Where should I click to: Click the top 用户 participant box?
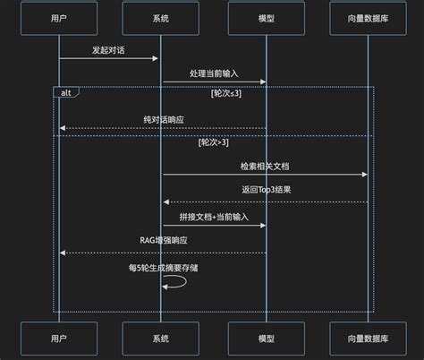pyautogui.click(x=58, y=19)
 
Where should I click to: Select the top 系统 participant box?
pyautogui.click(x=162, y=19)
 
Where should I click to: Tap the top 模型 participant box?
pyautogui.click(x=265, y=19)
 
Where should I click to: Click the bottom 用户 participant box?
pyautogui.click(x=58, y=341)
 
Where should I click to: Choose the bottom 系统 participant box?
pyautogui.click(x=162, y=341)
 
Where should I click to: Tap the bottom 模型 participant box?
pyautogui.click(x=265, y=341)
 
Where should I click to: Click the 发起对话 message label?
pyautogui.click(x=108, y=50)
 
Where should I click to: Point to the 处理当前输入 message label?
pyautogui.click(x=213, y=73)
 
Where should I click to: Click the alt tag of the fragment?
pyautogui.click(x=66, y=92)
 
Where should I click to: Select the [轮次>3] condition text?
pyautogui.click(x=214, y=142)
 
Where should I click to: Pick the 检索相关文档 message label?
pyautogui.click(x=265, y=167)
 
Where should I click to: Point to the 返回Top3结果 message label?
pyautogui.click(x=265, y=190)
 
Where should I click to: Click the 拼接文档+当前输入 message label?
pyautogui.click(x=213, y=216)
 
